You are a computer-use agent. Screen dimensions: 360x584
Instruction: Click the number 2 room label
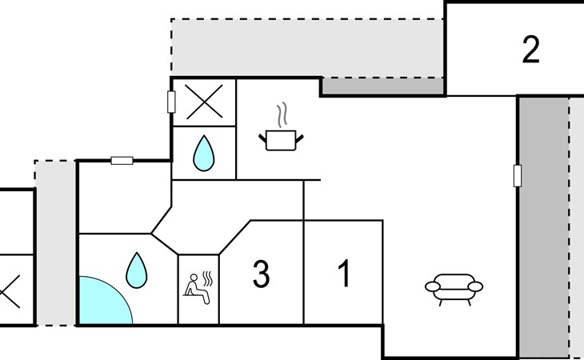(530, 50)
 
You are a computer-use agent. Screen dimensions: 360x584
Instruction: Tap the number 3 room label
(261, 274)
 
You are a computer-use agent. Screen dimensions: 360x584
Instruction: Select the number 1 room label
(344, 274)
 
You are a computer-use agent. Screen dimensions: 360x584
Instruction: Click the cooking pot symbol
(282, 141)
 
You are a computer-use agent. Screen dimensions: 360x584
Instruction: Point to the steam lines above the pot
(281, 116)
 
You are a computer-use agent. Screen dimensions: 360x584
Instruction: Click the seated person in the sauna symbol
(195, 289)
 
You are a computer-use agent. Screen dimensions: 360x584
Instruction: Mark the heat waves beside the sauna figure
(210, 279)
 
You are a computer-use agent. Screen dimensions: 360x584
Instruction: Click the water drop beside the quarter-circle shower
(137, 270)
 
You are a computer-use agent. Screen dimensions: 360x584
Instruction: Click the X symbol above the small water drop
(204, 102)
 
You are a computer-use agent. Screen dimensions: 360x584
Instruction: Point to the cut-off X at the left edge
(10, 290)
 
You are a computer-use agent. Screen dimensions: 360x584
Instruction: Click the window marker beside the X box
(171, 102)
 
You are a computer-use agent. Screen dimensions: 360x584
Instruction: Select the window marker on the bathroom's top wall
(122, 161)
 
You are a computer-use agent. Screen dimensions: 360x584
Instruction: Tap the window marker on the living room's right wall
(518, 175)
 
